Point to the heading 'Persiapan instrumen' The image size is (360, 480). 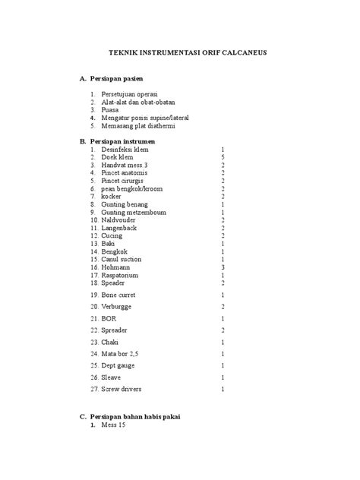[x=122, y=141]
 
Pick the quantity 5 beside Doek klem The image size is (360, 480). [x=223, y=157]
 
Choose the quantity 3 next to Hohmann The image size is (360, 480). [x=223, y=267]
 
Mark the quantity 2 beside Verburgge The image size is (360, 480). [x=223, y=306]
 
